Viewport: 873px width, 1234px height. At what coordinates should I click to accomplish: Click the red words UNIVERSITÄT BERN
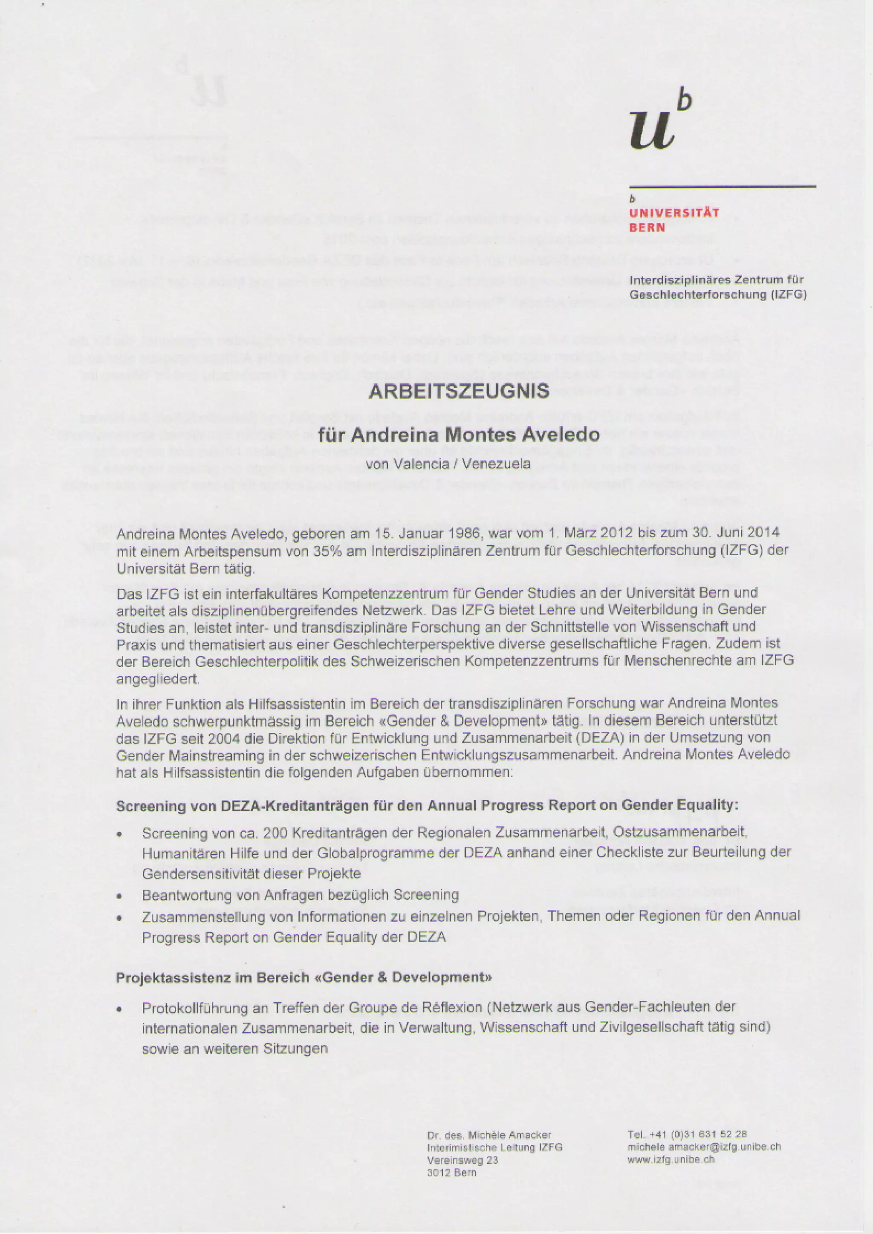pyautogui.click(x=674, y=220)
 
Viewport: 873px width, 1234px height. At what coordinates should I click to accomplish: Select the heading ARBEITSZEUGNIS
pyautogui.click(x=459, y=391)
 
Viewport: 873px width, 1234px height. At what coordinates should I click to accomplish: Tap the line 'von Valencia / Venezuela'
pyautogui.click(x=447, y=463)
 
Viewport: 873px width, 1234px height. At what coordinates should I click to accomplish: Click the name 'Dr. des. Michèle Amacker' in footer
pyautogui.click(x=489, y=1135)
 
